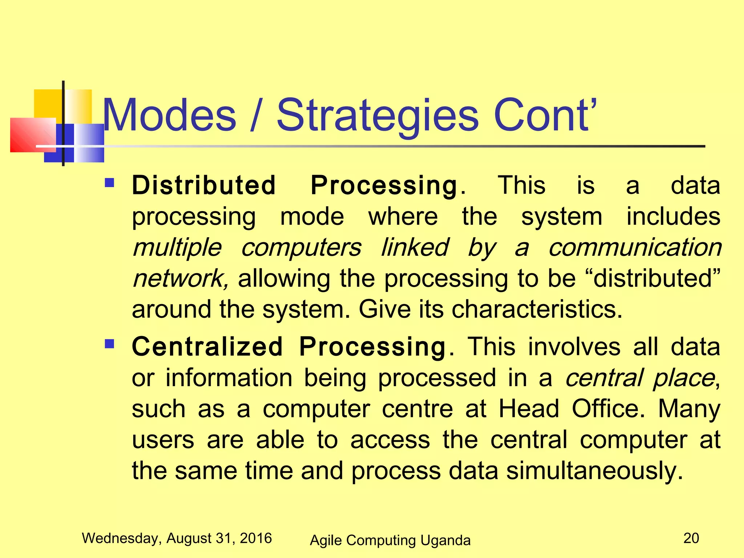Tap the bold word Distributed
pos(204,185)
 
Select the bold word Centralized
pos(207,347)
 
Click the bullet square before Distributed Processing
pos(109,182)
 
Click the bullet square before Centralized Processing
pos(109,343)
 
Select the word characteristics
pos(537,310)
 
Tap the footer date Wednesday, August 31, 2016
pos(177,538)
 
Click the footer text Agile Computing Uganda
pos(390,540)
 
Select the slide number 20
pos(691,538)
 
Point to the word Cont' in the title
pos(545,115)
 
